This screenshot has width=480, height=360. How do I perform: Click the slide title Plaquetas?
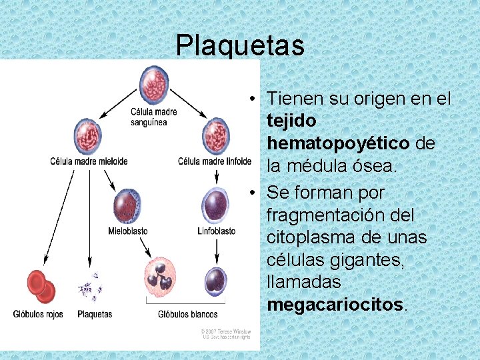(240, 46)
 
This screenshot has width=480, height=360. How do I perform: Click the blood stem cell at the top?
(154, 84)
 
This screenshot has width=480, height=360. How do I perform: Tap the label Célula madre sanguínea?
(154, 117)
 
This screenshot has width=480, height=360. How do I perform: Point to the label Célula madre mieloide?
(89, 161)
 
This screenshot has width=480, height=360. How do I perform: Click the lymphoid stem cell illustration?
(215, 134)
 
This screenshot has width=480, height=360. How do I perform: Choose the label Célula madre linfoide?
(215, 161)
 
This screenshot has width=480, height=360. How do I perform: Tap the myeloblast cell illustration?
(127, 206)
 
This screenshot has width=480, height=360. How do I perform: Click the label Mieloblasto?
(128, 231)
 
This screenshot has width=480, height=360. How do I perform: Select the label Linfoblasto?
(217, 231)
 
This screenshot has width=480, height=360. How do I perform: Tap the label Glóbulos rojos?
(38, 314)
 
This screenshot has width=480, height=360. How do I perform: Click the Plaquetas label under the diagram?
(95, 314)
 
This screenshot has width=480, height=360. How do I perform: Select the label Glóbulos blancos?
(188, 314)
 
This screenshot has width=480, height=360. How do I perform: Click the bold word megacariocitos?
(335, 305)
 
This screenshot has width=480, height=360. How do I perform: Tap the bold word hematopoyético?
(338, 143)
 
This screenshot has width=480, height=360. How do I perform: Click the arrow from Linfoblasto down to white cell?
(217, 250)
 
